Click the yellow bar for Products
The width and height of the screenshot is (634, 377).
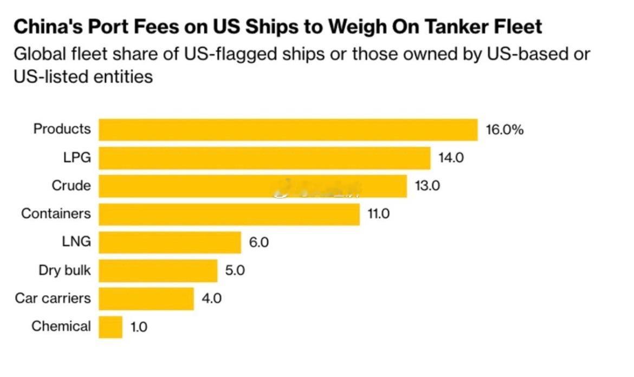(x=288, y=129)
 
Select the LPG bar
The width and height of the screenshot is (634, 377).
(x=264, y=158)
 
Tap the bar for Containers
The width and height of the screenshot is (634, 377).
(x=229, y=214)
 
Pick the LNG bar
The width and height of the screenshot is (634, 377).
(x=170, y=242)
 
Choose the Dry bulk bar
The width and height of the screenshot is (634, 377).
(x=158, y=270)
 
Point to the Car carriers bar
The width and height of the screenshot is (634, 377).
(x=146, y=298)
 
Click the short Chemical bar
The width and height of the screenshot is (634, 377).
(x=111, y=327)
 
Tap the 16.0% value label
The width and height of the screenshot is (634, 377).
(x=504, y=129)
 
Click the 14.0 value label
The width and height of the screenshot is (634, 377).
(x=451, y=158)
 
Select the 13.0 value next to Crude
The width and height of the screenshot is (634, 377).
(x=428, y=186)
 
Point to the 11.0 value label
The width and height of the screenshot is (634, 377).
(x=378, y=214)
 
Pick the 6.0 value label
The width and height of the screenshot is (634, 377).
(x=258, y=242)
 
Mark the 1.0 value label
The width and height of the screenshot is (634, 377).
(x=139, y=327)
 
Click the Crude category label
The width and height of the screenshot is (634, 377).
(x=71, y=186)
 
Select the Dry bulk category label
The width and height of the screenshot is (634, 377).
(x=64, y=270)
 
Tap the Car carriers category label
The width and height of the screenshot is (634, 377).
(x=53, y=298)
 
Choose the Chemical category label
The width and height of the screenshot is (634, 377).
(x=61, y=327)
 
